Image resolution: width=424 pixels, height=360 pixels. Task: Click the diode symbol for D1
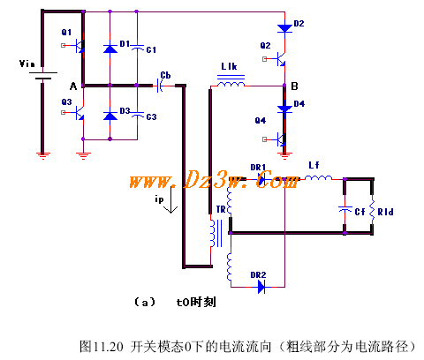[x=110, y=48]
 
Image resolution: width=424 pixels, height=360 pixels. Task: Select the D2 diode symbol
[x=284, y=28]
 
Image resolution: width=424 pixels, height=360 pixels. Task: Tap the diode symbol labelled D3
[x=110, y=116]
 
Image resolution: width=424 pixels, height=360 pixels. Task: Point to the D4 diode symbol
[x=284, y=109]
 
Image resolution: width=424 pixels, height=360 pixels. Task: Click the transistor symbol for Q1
[x=77, y=46]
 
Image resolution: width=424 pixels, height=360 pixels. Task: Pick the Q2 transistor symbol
[x=278, y=59]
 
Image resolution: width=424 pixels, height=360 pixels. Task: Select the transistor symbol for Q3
[x=77, y=113]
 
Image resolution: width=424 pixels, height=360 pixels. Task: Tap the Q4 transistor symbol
[x=278, y=139]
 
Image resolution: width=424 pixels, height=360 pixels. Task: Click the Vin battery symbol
[x=43, y=76]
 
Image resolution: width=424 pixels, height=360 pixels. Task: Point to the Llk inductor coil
[x=231, y=81]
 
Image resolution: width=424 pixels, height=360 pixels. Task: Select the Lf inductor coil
[x=318, y=177]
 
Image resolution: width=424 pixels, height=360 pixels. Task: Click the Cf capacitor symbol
[x=345, y=209]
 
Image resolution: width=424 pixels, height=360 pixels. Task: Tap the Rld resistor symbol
[x=372, y=211]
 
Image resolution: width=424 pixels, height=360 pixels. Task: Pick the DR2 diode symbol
[x=261, y=287]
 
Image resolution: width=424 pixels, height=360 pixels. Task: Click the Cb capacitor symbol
[x=160, y=86]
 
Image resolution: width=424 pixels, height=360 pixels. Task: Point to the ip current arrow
[x=170, y=199]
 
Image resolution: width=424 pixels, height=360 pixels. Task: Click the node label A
[x=73, y=86]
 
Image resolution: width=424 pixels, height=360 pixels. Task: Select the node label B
[x=294, y=86]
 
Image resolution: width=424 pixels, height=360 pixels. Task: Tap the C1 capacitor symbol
[x=137, y=48]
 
